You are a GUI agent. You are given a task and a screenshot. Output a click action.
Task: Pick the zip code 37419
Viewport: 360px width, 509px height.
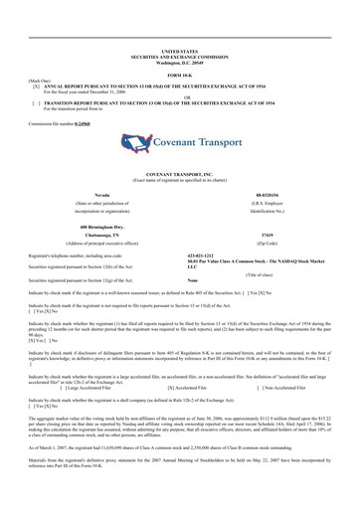point(296,237)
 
